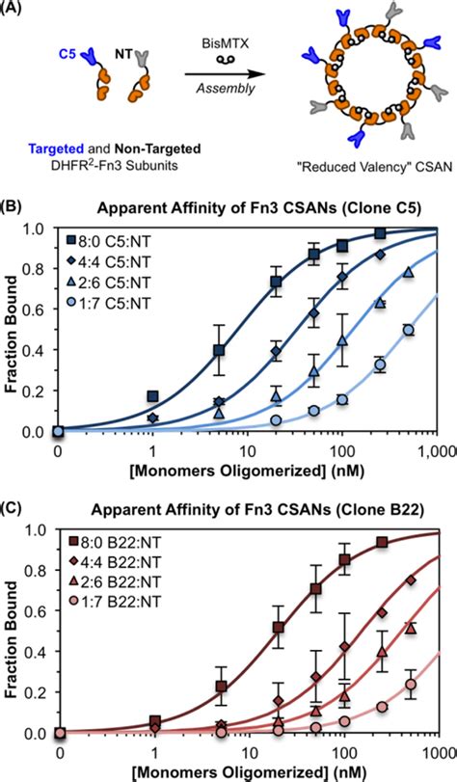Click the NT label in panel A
tap(123, 44)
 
